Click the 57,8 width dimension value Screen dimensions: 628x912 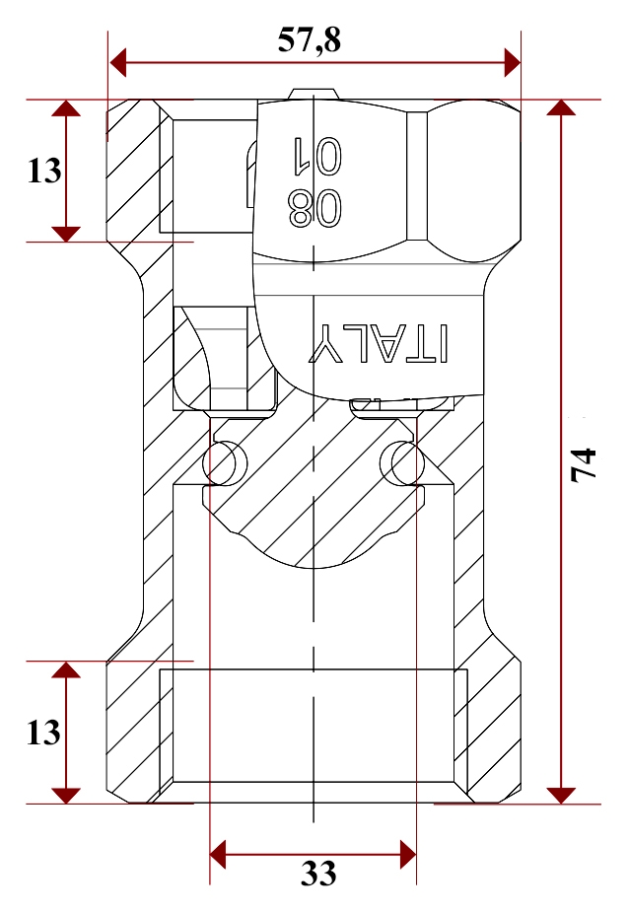point(309,40)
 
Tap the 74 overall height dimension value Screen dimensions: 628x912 point(584,464)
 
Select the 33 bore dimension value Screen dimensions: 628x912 point(318,873)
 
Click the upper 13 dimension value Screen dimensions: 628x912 point(44,171)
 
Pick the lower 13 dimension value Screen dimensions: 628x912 point(43,733)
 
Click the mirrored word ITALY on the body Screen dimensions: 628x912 point(380,342)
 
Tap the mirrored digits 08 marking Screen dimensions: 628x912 point(314,209)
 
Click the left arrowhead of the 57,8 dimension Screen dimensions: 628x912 point(117,62)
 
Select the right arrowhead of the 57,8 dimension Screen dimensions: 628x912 point(513,62)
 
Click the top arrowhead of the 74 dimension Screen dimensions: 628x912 point(561,107)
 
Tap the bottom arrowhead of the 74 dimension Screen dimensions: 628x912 point(561,795)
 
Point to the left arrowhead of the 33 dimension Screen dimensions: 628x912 point(218,855)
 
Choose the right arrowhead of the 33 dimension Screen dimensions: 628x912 point(408,855)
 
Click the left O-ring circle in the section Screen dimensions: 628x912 point(225,463)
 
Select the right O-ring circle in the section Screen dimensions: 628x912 point(402,463)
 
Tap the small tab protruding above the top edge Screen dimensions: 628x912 point(314,95)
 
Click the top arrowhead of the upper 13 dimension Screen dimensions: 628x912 point(66,107)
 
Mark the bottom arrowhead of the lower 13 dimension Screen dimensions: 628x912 point(66,795)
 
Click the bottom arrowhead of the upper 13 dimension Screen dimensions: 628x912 point(66,234)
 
